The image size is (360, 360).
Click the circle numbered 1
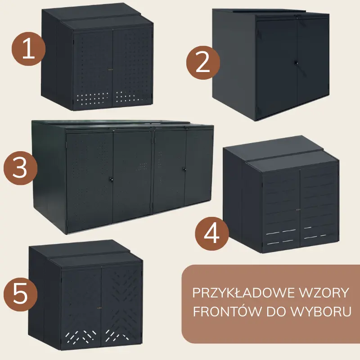[29, 49]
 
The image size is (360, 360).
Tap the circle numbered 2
[203, 63]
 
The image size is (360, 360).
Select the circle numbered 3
[20, 168]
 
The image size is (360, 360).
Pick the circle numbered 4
[212, 234]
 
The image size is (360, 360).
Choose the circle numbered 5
[20, 294]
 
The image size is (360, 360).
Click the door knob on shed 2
[296, 63]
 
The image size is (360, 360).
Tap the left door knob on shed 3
[111, 179]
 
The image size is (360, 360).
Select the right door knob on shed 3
[184, 170]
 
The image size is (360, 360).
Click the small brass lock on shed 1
[111, 69]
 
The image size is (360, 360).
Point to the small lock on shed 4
[298, 209]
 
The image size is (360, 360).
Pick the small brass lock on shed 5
[99, 308]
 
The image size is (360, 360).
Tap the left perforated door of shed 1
[93, 69]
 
